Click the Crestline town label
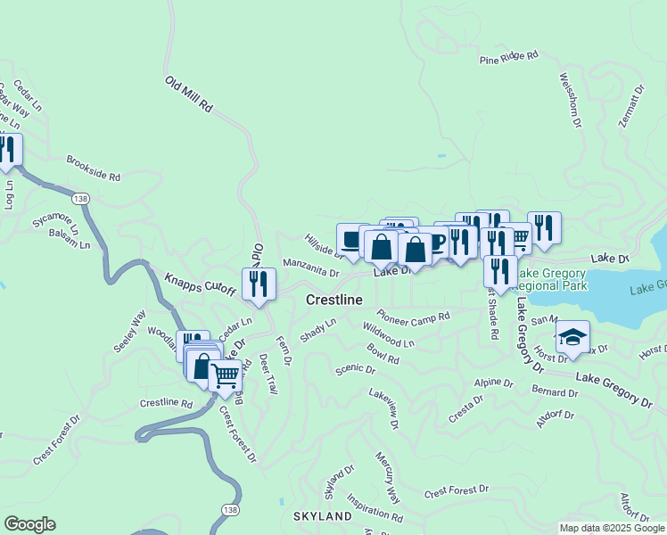coord(333,300)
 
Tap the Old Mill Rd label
coord(189,94)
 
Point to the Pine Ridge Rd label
coord(508,58)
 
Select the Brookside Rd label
coord(93,169)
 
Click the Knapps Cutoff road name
coord(200,284)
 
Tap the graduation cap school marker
coord(572,337)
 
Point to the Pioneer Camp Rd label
coord(412,317)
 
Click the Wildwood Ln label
coord(389,336)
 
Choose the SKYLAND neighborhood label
coord(323,516)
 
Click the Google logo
coord(29,524)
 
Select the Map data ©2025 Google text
coord(611,528)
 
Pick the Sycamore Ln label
coord(56,221)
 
